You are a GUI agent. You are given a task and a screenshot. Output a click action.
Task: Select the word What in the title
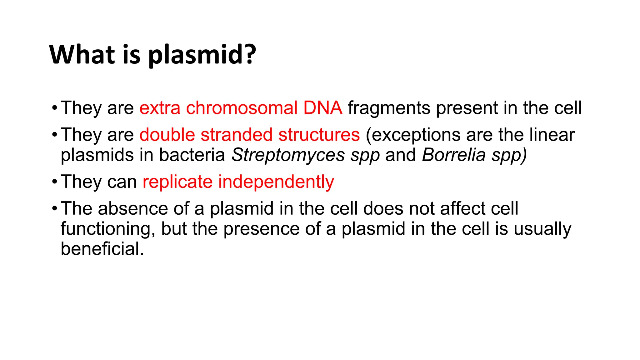coord(82,54)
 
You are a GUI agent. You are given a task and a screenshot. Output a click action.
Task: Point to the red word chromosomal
coord(242,108)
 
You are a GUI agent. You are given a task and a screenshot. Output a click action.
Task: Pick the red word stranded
coord(237,135)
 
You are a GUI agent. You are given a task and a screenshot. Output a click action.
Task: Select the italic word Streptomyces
coord(288,155)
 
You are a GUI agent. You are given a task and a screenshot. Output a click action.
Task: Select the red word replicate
coord(177,182)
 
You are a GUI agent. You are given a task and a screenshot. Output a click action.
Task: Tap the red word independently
coord(276,182)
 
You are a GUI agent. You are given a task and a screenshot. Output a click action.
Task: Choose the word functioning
coord(108,229)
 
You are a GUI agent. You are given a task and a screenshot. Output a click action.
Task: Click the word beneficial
coord(102,249)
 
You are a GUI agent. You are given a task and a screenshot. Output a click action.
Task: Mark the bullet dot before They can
coord(55,182)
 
